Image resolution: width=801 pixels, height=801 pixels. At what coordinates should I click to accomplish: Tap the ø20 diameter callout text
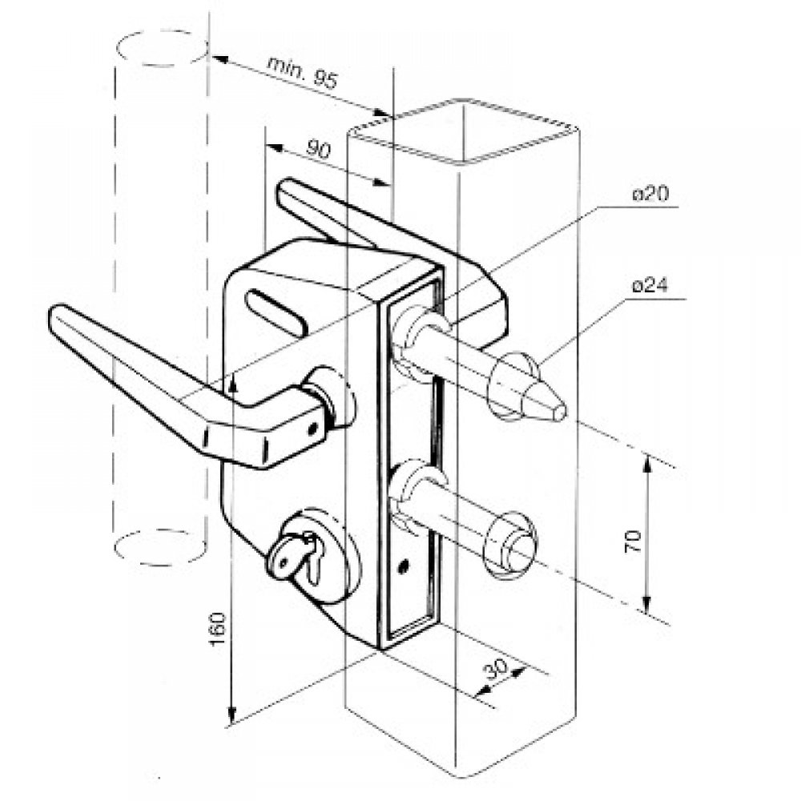[650, 195]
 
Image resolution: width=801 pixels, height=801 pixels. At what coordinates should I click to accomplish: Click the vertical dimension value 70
[633, 541]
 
